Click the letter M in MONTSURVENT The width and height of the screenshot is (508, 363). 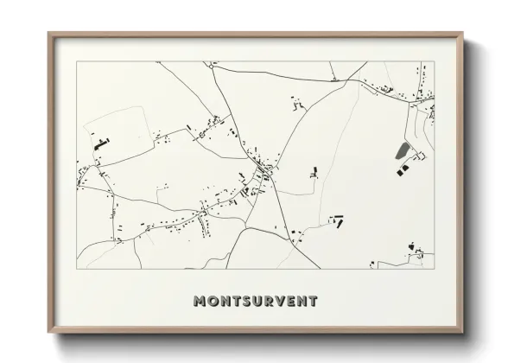tap(200, 302)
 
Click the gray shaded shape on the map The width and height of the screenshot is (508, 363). tap(402, 152)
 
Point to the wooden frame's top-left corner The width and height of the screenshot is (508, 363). tap(48, 34)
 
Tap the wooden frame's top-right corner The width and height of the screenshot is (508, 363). tap(463, 34)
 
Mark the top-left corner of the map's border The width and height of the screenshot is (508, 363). tap(76, 61)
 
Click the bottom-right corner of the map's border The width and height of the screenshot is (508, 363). tap(434, 269)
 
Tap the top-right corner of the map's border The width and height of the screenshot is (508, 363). tap(434, 61)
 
